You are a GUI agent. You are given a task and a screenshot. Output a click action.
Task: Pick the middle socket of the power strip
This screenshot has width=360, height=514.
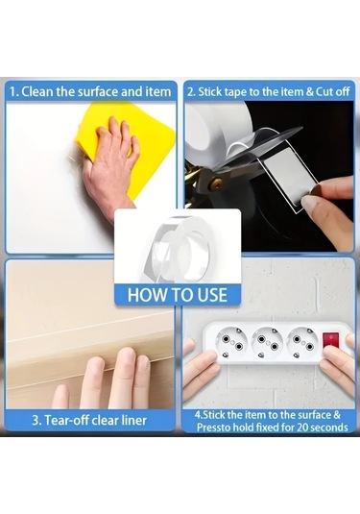pyautogui.click(x=267, y=344)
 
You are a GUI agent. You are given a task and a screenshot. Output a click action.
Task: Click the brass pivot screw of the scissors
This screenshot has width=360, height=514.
pyautogui.click(x=217, y=183)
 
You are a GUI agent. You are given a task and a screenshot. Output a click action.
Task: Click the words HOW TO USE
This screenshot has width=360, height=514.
pyautogui.click(x=178, y=295)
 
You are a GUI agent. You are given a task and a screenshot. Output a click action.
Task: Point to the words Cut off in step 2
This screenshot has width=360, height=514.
pyautogui.click(x=332, y=92)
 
